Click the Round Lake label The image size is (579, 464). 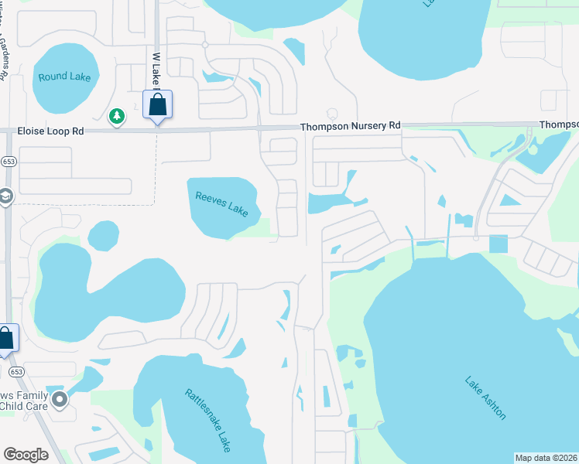(65, 77)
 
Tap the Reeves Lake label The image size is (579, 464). (222, 204)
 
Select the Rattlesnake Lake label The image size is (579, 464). (208, 420)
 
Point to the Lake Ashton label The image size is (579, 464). (486, 397)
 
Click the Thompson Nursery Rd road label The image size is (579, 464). (351, 125)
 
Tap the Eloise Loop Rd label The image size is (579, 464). (50, 132)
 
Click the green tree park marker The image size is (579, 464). (117, 117)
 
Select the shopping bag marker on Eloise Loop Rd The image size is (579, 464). (158, 104)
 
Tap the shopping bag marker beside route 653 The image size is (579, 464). (6, 339)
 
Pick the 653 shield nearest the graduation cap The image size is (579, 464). (8, 161)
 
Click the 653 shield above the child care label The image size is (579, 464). (17, 371)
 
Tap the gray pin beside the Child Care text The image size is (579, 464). (60, 400)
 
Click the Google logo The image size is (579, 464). (26, 454)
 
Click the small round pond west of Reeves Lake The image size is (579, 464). (103, 235)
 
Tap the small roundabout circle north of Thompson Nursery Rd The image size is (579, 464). (205, 45)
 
